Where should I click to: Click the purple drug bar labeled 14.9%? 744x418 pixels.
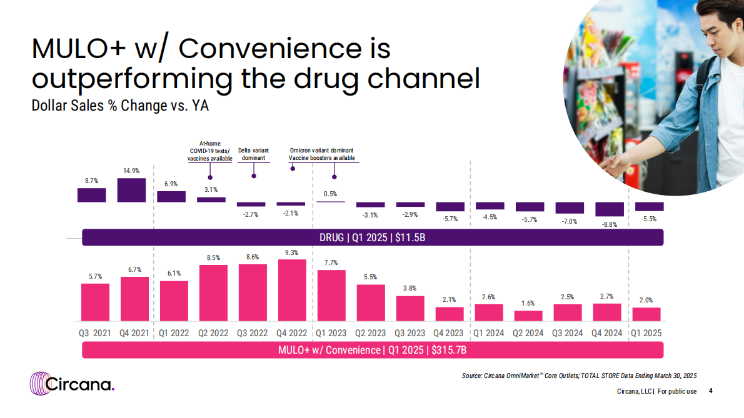coord(131,190)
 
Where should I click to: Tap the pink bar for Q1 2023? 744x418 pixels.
coord(331,295)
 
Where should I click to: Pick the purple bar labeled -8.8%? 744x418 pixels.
coord(610,209)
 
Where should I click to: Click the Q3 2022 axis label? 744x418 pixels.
coord(252,333)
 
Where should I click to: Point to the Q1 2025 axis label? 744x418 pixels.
coord(645,333)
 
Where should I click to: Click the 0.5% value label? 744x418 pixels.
coord(331,194)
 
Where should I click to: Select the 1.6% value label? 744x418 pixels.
coord(528,303)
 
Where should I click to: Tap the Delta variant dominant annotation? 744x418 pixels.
coord(254,154)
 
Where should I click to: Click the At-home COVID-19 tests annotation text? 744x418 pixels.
coord(210,151)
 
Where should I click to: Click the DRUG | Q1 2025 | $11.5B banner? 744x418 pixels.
coord(373,237)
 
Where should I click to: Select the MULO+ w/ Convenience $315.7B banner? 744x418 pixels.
coord(373,350)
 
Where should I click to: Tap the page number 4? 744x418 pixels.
coord(710,391)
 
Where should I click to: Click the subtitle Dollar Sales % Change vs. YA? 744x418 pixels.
coord(120,106)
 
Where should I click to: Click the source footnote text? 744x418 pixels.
coord(579,375)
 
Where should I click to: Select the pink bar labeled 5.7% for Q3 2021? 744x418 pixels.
coord(95,302)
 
